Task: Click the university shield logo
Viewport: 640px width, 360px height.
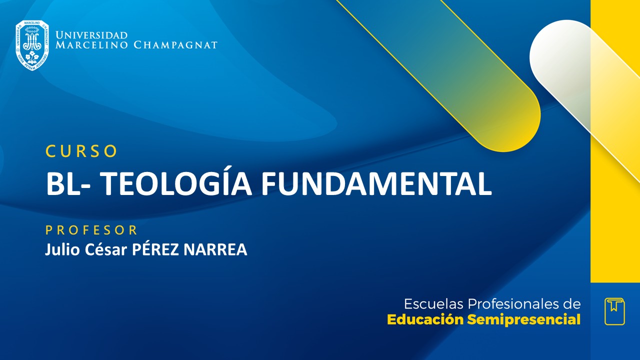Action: click(x=32, y=45)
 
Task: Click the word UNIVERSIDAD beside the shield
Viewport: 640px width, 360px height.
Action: click(x=91, y=35)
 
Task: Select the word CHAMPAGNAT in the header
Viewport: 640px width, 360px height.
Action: click(x=175, y=45)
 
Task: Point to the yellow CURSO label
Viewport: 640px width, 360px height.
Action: click(x=81, y=151)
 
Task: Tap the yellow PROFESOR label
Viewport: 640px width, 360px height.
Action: click(x=91, y=230)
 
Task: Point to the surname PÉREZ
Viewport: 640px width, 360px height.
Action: click(x=155, y=249)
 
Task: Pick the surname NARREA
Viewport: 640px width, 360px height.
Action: click(x=215, y=249)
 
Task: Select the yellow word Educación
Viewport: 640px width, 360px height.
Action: click(x=425, y=319)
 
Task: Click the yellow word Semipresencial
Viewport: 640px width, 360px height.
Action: click(x=524, y=319)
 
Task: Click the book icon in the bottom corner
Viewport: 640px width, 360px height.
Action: click(x=614, y=311)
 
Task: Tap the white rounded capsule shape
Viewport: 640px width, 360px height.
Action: click(x=560, y=55)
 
